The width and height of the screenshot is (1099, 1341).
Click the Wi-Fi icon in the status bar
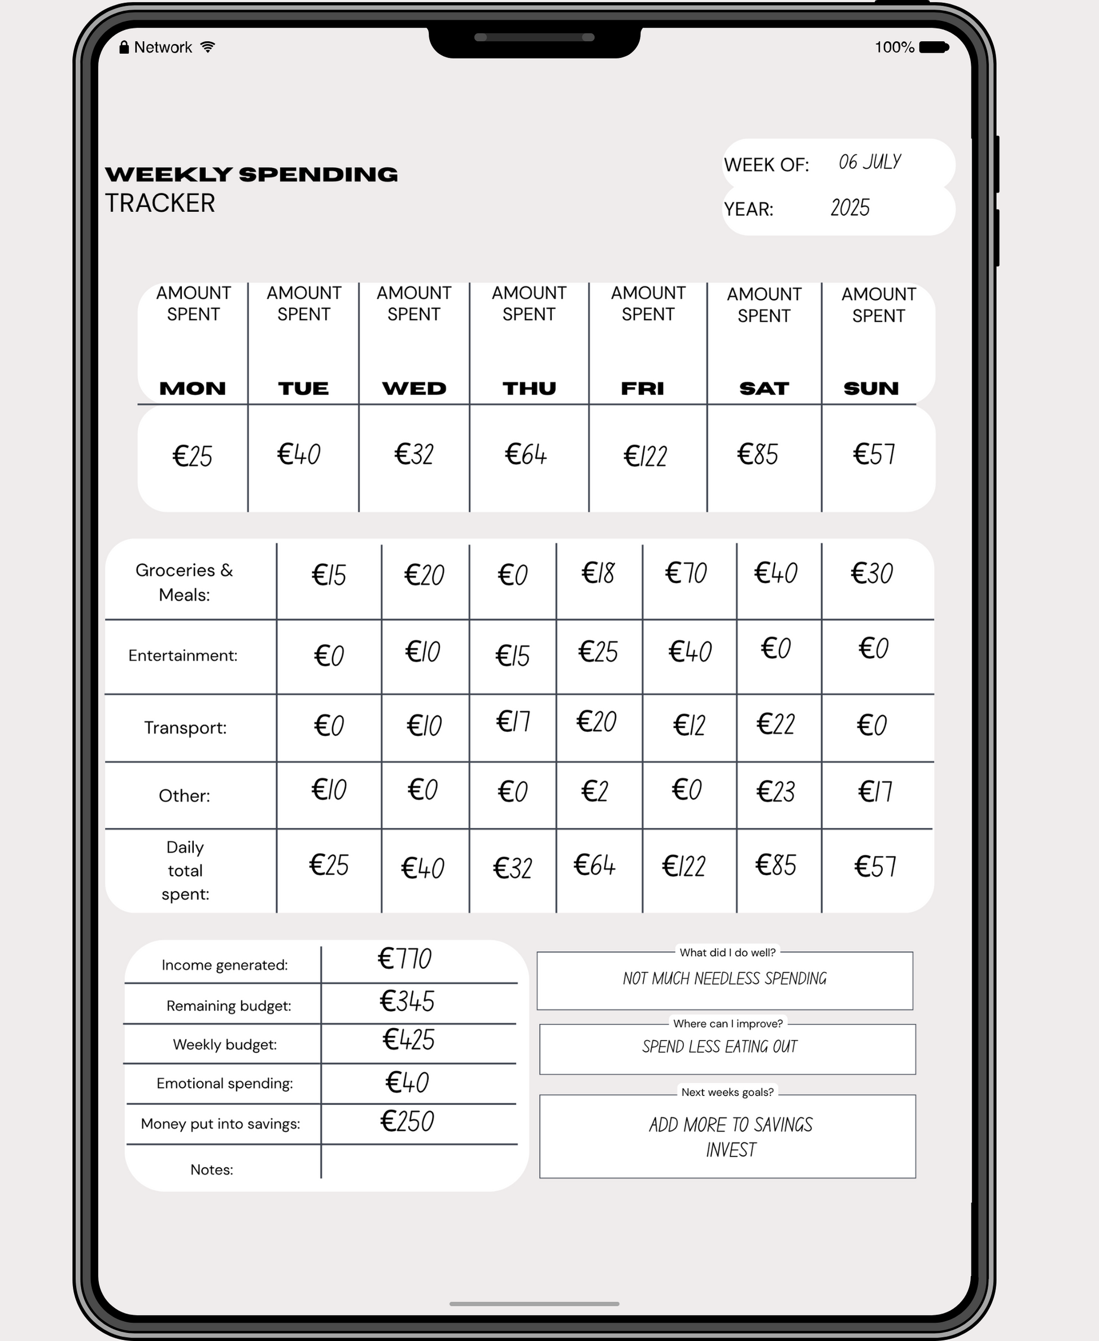click(207, 47)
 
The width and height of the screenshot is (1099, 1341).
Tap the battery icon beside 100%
click(933, 47)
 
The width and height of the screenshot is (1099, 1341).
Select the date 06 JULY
click(869, 162)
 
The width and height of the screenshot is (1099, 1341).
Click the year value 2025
click(849, 208)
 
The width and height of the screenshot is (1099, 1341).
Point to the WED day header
click(414, 388)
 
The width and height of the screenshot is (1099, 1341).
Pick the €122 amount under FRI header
click(645, 456)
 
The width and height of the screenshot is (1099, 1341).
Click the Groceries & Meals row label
click(184, 582)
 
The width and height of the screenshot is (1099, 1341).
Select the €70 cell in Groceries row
click(686, 573)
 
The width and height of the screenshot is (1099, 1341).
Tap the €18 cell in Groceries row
click(598, 573)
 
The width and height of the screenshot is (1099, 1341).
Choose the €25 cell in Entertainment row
click(598, 652)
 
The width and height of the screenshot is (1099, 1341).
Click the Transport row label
click(185, 727)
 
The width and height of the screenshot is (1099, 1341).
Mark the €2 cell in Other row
click(595, 791)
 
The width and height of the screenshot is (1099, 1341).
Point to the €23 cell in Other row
click(775, 791)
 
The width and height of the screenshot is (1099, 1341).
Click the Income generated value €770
click(404, 959)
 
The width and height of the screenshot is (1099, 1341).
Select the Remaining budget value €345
click(407, 1001)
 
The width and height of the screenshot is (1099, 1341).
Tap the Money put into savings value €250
click(407, 1121)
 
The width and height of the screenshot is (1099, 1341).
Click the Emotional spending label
click(225, 1084)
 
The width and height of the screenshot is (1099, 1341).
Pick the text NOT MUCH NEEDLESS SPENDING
click(724, 979)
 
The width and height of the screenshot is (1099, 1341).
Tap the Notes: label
click(211, 1169)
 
